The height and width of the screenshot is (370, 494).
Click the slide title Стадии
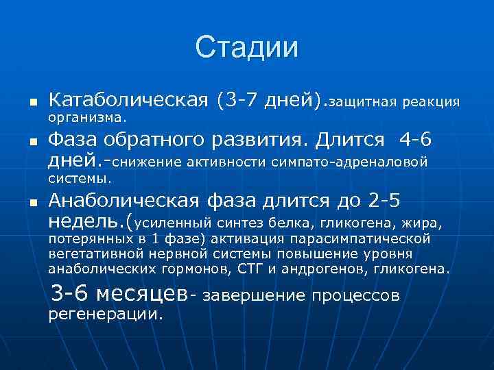(x=247, y=49)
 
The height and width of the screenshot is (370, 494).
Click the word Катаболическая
(x=129, y=101)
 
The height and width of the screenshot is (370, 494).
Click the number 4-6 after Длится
(x=416, y=141)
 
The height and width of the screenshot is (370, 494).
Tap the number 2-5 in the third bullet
(x=386, y=201)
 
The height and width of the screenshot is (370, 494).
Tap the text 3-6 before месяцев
(x=71, y=294)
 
